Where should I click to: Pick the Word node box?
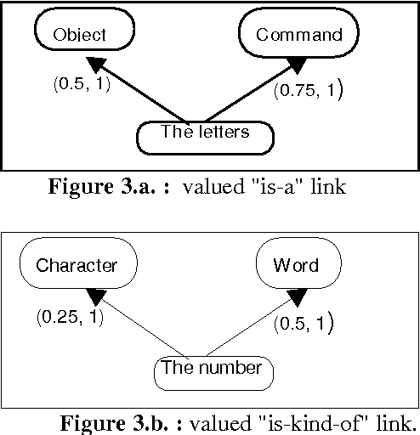pos(295,266)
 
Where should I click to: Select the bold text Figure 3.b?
pos(123,422)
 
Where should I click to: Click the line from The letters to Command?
pos(247,93)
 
